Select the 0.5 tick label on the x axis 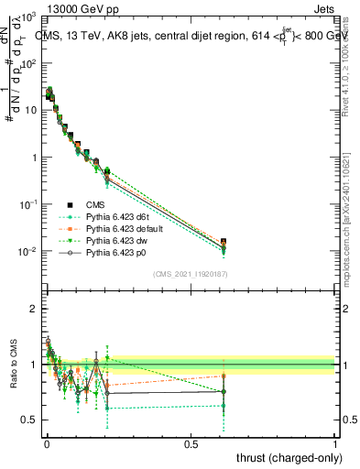(191, 444)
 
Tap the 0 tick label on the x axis (47, 444)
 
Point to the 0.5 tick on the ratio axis (29, 420)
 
